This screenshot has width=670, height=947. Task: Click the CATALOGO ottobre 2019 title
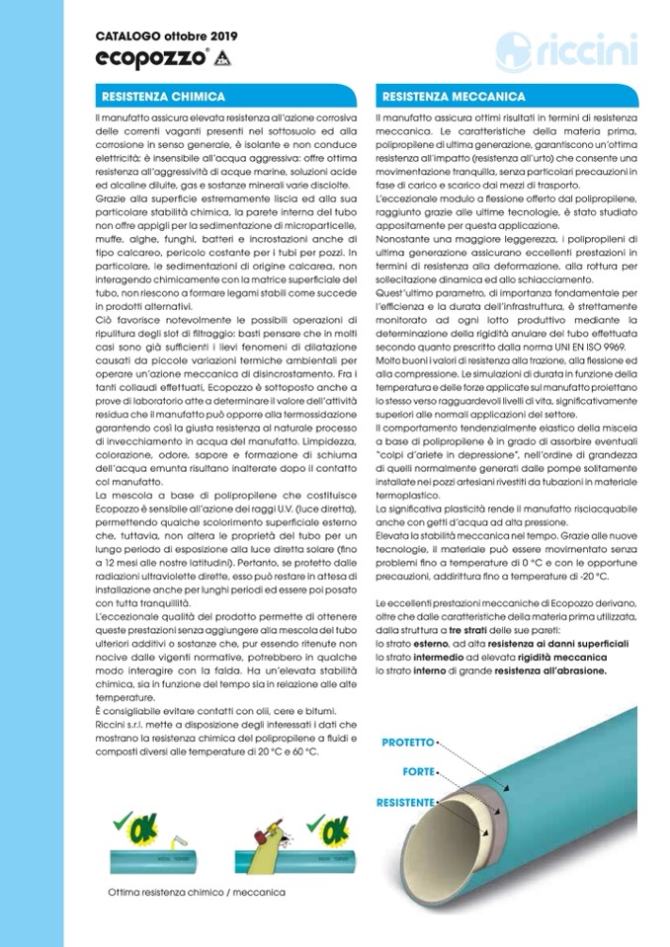coord(159,36)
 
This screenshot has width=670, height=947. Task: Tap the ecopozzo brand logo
coord(151,57)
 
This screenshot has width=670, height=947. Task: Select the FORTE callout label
coord(418,770)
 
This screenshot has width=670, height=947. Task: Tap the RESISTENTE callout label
coord(405,803)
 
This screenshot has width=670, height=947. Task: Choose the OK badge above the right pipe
coord(323,822)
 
